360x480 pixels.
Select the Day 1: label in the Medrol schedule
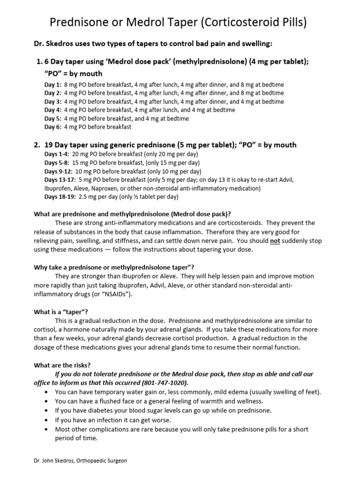[53, 85]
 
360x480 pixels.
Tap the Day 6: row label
[53, 127]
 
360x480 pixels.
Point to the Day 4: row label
[53, 110]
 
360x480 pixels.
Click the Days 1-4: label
[57, 154]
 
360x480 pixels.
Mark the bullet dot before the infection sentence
[45, 420]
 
